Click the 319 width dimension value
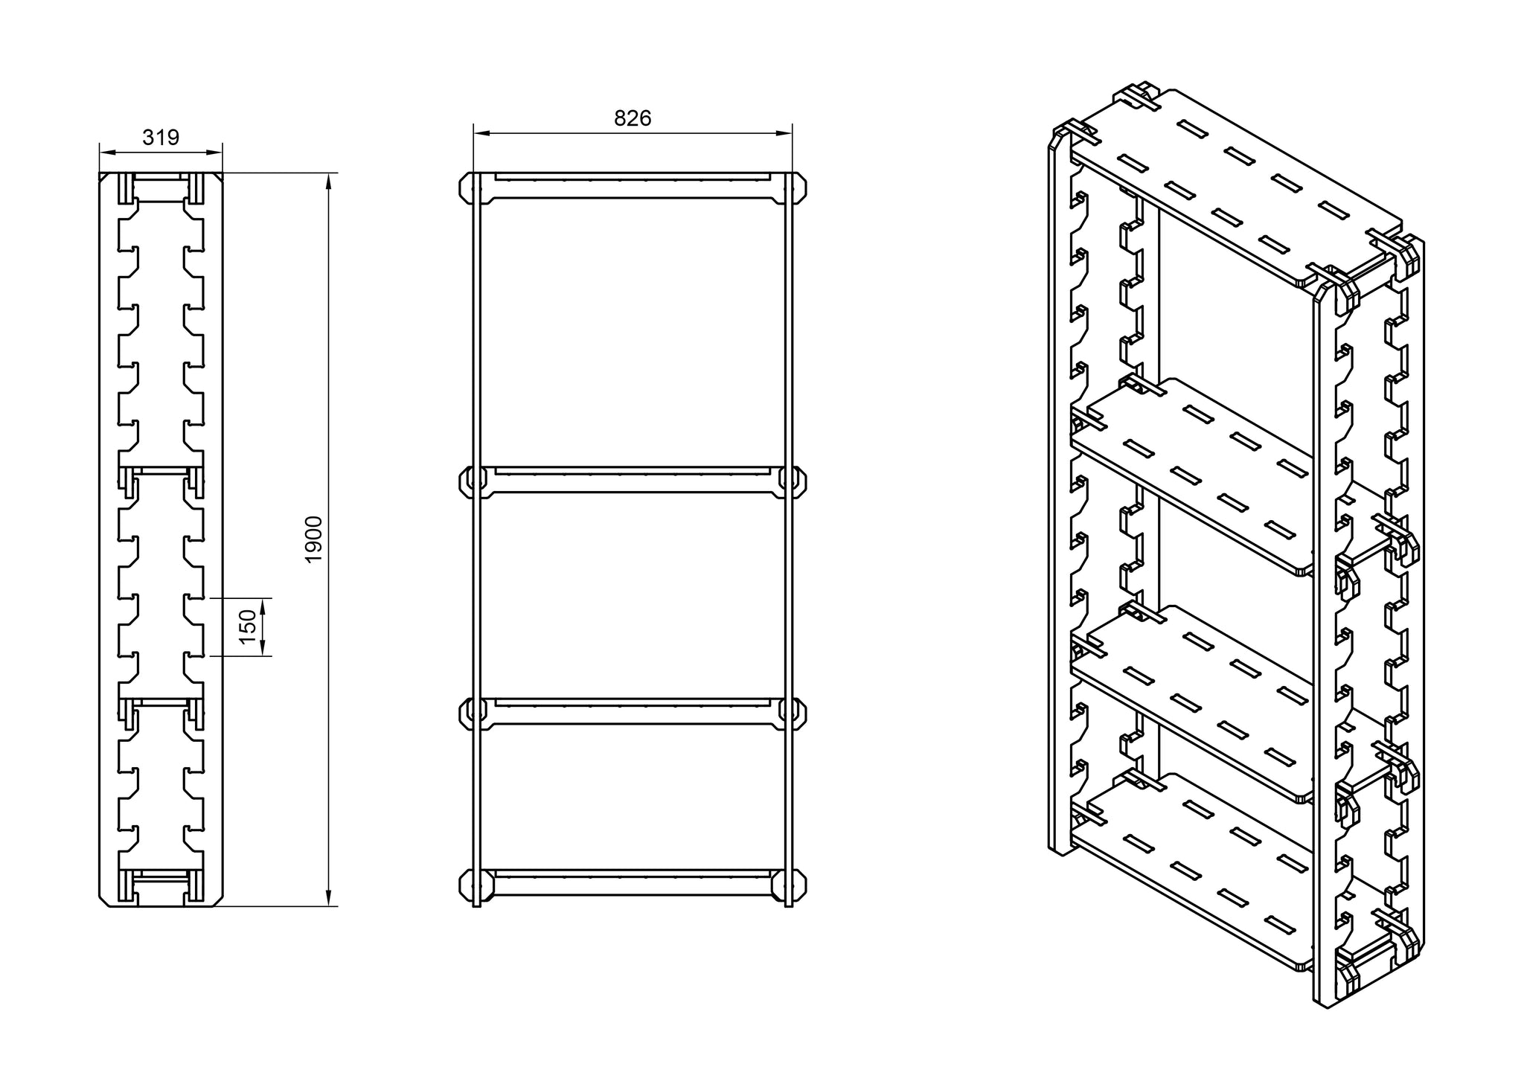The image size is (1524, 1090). tap(161, 138)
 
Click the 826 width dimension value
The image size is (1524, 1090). tap(633, 118)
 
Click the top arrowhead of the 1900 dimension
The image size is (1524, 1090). tap(328, 182)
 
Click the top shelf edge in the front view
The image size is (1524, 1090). tap(633, 187)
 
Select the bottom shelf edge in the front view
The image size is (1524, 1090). tap(633, 882)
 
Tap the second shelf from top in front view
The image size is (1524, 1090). tap(633, 480)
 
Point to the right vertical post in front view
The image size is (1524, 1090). tap(789, 595)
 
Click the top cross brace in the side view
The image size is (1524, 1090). tap(161, 189)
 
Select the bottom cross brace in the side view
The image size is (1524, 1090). tap(161, 885)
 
